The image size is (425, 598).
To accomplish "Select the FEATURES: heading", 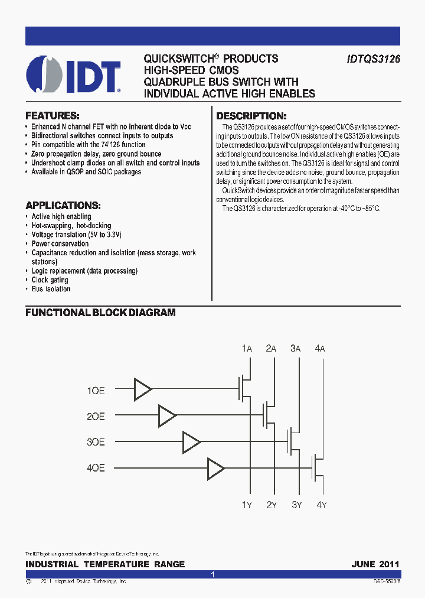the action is pyautogui.click(x=52, y=116).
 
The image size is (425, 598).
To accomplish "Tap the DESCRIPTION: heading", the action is pyautogui.click(x=251, y=116).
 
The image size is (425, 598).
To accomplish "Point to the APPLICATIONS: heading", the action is pyautogui.click(x=63, y=206).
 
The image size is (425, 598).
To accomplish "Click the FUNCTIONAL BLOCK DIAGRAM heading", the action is pyautogui.click(x=100, y=313).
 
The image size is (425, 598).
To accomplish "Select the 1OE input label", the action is pyautogui.click(x=96, y=391).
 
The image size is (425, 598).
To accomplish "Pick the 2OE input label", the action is pyautogui.click(x=96, y=417).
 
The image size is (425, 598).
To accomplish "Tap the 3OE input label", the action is pyautogui.click(x=96, y=442).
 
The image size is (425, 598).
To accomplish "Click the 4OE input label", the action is pyautogui.click(x=96, y=468).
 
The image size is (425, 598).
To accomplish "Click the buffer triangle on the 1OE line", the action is pyautogui.click(x=142, y=389).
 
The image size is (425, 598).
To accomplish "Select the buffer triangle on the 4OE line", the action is pyautogui.click(x=215, y=469).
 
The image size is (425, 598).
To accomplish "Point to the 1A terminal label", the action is pyautogui.click(x=247, y=349).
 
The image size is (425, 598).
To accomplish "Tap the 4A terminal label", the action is pyautogui.click(x=320, y=349).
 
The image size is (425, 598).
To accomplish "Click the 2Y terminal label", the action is pyautogui.click(x=272, y=505).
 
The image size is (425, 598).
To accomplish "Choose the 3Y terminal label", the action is pyautogui.click(x=296, y=505).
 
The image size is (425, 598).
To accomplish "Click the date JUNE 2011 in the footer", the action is pyautogui.click(x=375, y=564).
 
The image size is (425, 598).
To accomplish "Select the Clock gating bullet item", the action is pyautogui.click(x=50, y=280).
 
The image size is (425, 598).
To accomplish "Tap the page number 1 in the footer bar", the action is pyautogui.click(x=212, y=574).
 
